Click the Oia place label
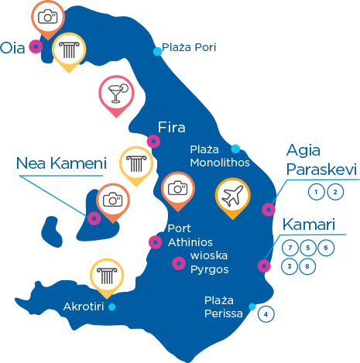coord(12,48)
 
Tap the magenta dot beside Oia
coord(36,46)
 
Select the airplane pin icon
coord(232,198)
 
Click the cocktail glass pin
coord(116,96)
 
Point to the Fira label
coord(172,127)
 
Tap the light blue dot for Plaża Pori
coord(157,52)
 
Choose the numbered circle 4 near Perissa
coord(266,314)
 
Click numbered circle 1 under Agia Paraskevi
coord(317,192)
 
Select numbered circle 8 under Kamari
coord(307,266)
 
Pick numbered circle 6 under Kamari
coord(326,248)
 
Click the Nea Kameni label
coord(61,163)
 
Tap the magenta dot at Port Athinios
coord(156,242)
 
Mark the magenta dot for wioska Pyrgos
coord(179,263)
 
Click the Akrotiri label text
coord(84,306)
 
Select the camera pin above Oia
coord(48,20)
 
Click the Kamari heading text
coord(309,224)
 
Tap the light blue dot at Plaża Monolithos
coord(235,149)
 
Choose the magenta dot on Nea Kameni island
coord(94,218)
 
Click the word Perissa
coord(224,313)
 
